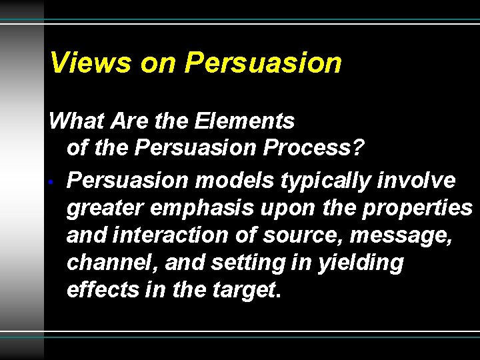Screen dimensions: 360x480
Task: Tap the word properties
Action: pyautogui.click(x=417, y=209)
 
